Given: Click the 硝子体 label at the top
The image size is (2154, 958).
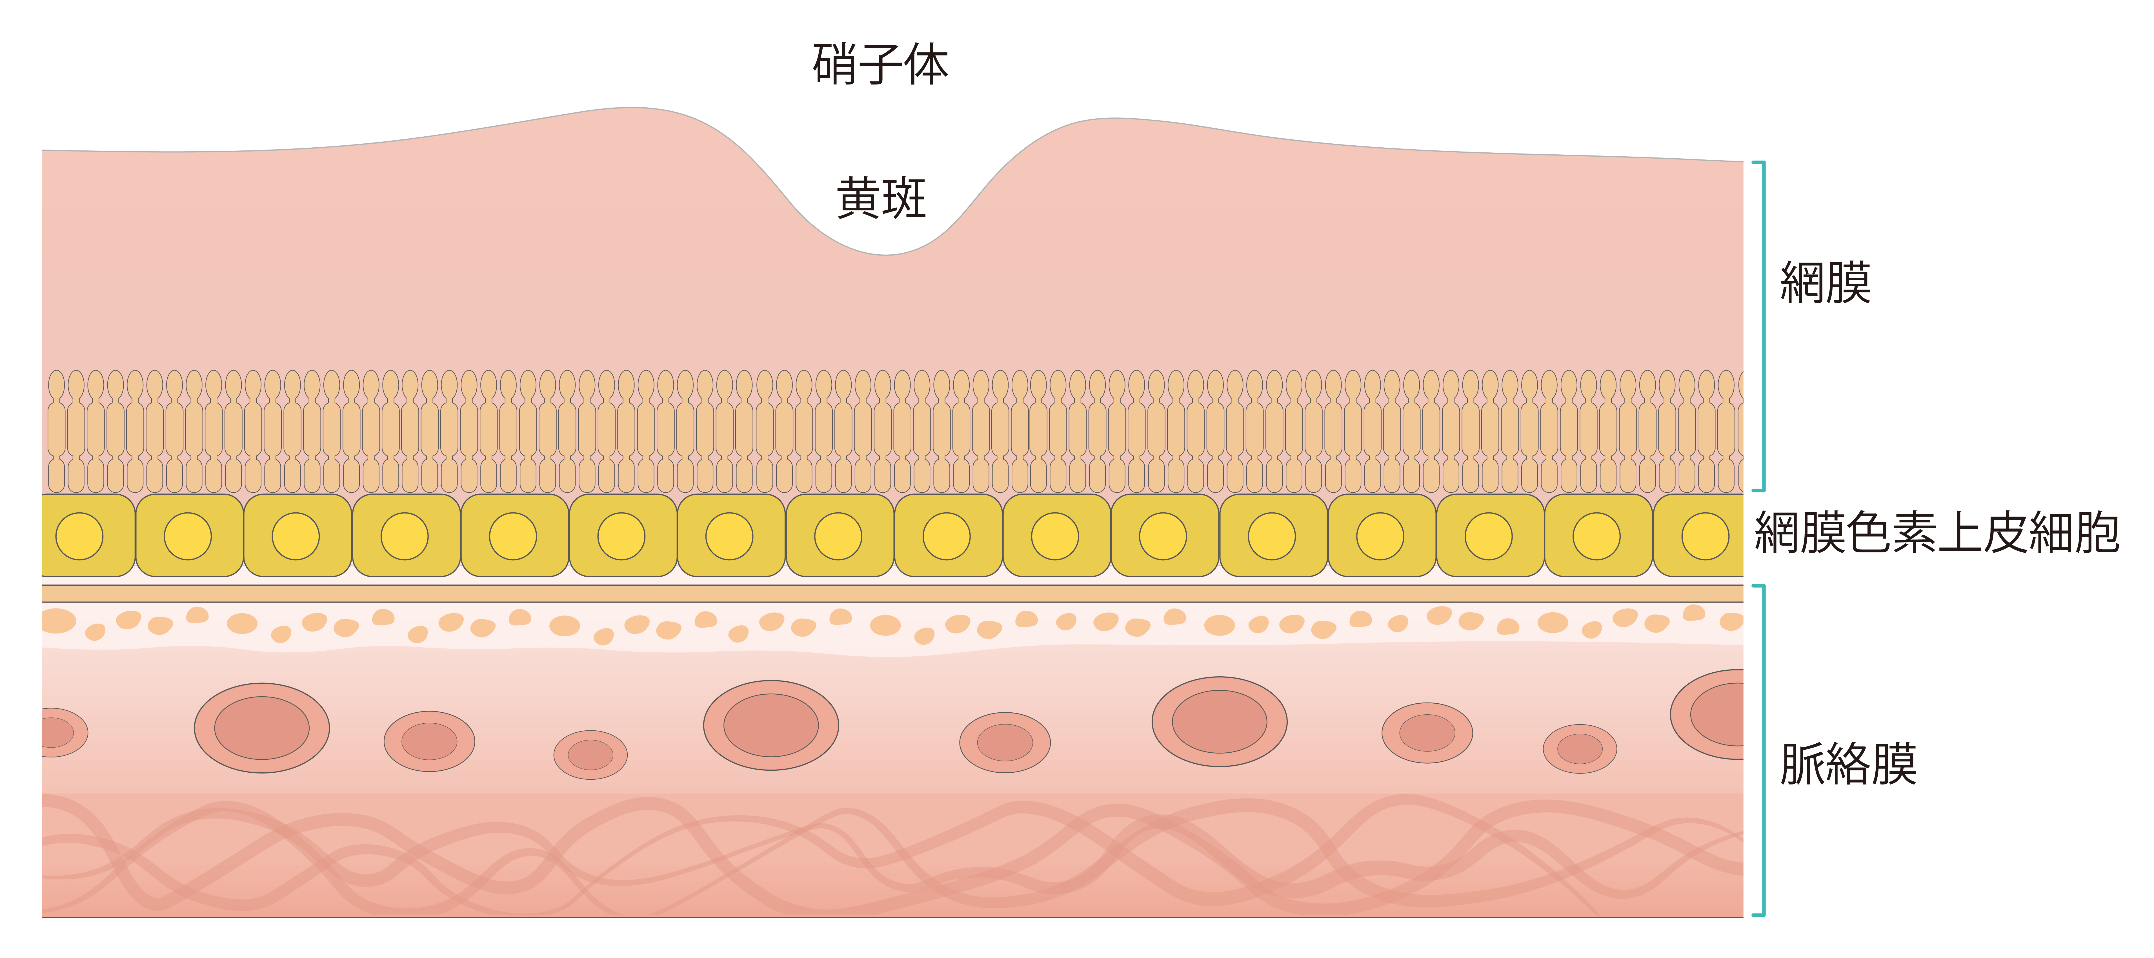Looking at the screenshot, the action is coord(880,65).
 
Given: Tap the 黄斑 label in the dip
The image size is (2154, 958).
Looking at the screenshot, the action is coord(881,198).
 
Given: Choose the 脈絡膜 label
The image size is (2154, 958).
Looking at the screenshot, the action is coord(1848,764).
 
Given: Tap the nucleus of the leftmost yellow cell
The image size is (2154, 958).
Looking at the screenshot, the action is coord(79,536).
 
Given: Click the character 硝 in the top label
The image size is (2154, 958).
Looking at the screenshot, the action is coord(835,65).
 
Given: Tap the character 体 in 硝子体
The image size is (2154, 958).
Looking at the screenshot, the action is coord(927,65).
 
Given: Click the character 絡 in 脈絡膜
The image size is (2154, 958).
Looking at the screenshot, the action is coord(1848,764).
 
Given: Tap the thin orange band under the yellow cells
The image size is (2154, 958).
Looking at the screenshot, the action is coord(893,594).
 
